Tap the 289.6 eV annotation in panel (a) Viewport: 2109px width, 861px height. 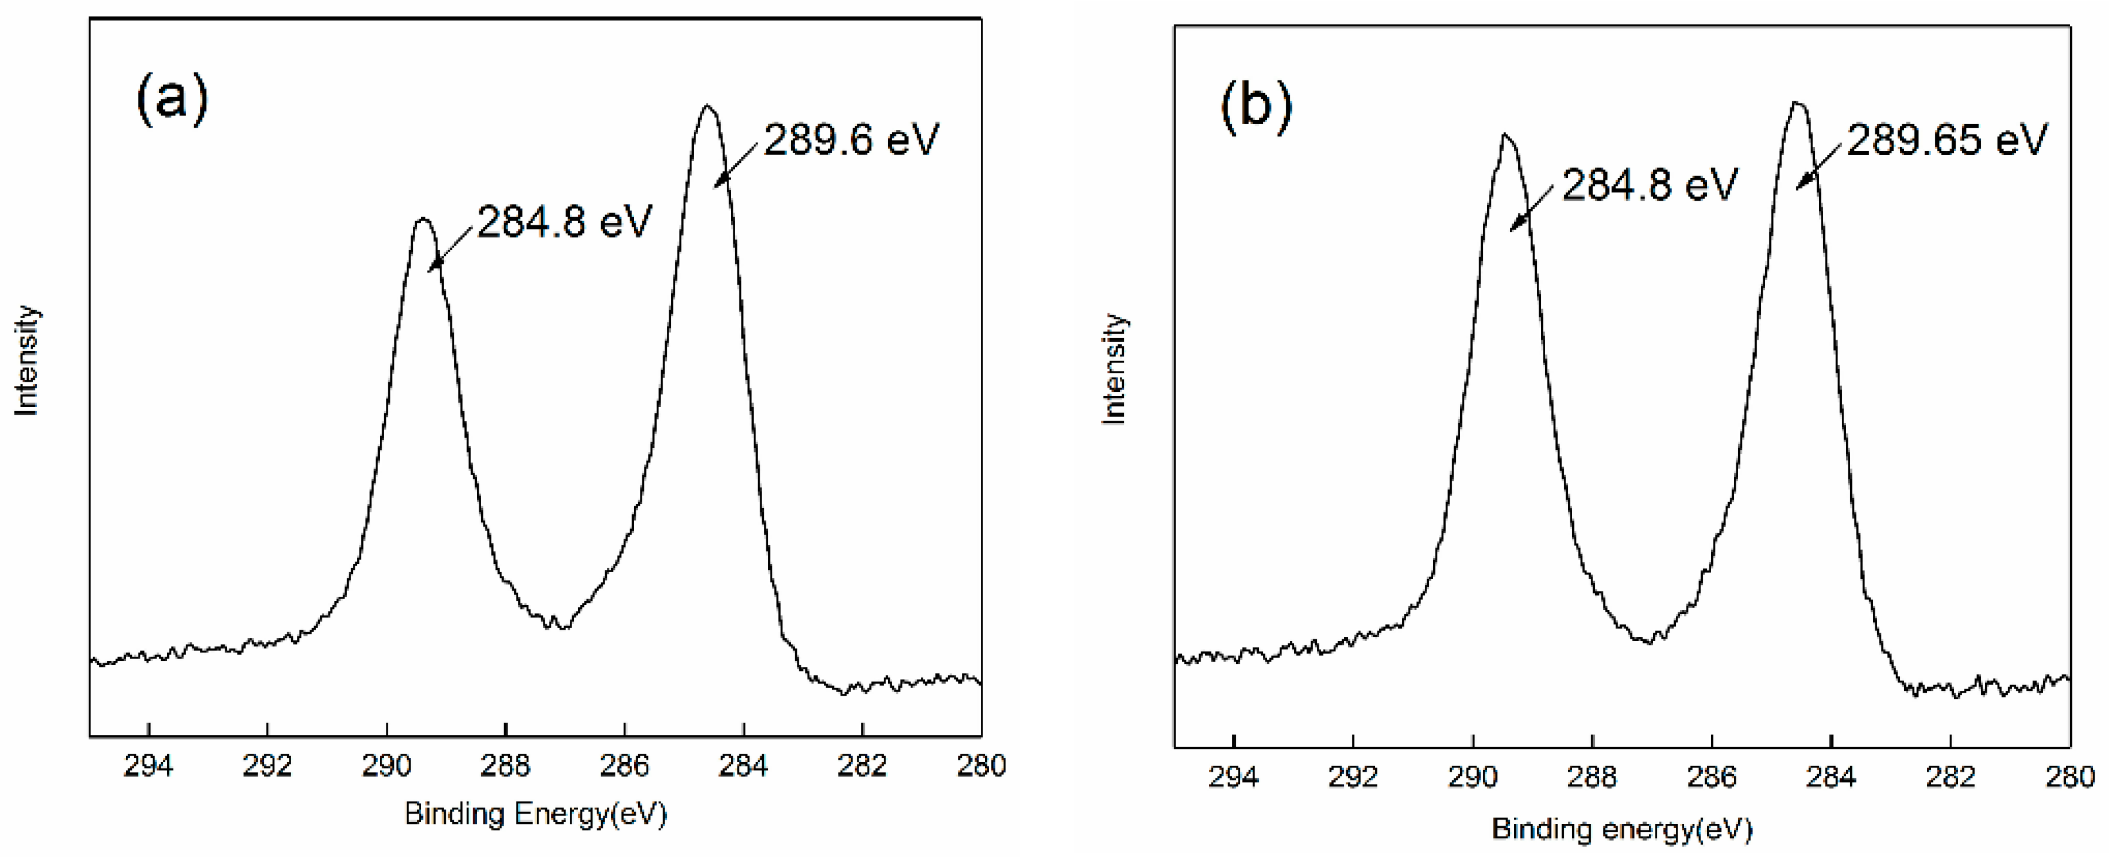(851, 140)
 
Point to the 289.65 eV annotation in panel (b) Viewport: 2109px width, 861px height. (1947, 140)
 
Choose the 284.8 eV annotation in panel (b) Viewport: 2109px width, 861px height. (1649, 185)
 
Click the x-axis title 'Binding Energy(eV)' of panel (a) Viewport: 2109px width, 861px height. (536, 814)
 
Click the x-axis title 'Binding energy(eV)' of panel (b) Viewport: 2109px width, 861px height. (1622, 829)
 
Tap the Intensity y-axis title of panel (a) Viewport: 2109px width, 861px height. (28, 360)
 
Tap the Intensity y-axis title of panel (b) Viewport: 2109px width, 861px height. (1114, 368)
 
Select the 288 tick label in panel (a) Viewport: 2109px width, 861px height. (505, 766)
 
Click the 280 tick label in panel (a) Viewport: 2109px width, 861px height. (981, 766)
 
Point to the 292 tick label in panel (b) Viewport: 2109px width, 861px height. (1352, 776)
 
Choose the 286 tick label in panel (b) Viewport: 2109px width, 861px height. (1711, 776)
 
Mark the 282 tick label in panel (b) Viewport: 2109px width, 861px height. (1950, 776)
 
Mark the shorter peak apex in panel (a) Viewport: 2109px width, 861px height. (422, 219)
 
